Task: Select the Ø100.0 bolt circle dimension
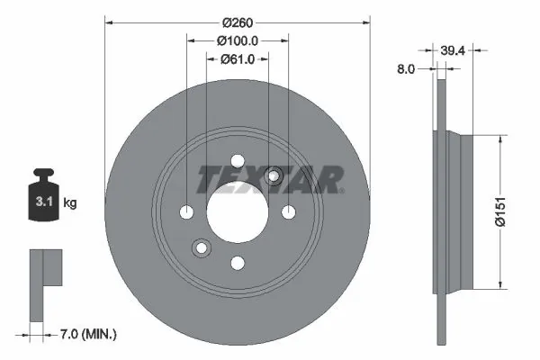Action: (x=238, y=40)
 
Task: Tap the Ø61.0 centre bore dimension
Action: (x=238, y=59)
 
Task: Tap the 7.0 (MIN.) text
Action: (x=88, y=333)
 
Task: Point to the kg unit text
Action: (x=71, y=203)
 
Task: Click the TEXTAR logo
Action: (x=269, y=178)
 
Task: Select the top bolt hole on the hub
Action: (x=238, y=160)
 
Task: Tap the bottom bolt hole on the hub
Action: (x=238, y=263)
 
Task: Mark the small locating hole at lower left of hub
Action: (x=202, y=247)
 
